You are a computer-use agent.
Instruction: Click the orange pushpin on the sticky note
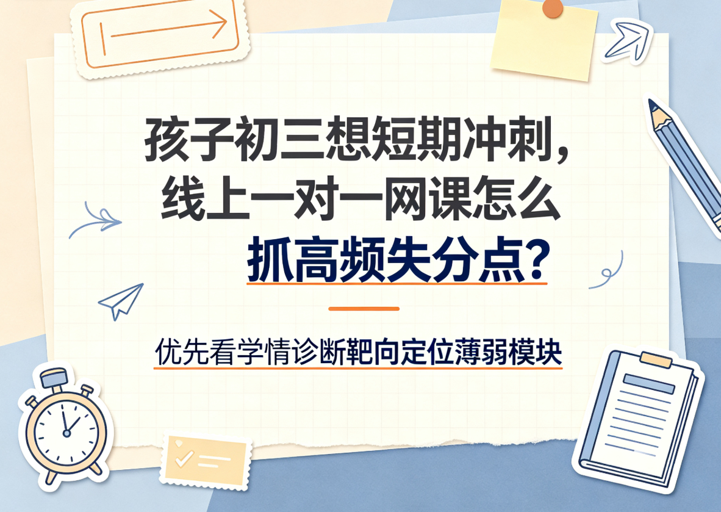click(552, 8)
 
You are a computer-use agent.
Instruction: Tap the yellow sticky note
click(545, 40)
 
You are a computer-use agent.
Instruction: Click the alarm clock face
click(66, 432)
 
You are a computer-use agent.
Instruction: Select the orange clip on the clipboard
click(656, 359)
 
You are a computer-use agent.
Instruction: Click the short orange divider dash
click(364, 309)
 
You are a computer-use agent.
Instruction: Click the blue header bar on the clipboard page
click(649, 384)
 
